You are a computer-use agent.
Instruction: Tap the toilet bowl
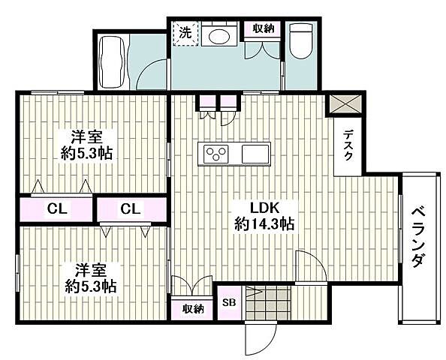[x=301, y=41]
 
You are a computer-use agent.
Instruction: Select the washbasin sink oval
[x=219, y=36]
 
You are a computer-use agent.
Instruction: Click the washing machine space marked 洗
[x=185, y=34]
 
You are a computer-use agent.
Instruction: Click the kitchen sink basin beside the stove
[x=255, y=154]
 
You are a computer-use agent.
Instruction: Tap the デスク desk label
[x=348, y=145]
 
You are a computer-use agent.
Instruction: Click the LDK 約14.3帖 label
[x=264, y=216]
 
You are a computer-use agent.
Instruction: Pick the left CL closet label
[x=57, y=209]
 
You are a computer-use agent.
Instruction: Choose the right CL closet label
[x=131, y=209]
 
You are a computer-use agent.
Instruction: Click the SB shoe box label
[x=229, y=302]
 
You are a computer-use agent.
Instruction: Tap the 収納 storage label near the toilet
[x=264, y=28]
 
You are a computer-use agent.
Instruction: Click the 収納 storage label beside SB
[x=194, y=308]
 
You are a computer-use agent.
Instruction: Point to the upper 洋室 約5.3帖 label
[x=86, y=145]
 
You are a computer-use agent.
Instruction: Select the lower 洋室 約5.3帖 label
[x=91, y=278]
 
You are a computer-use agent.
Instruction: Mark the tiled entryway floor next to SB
[x=268, y=303]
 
